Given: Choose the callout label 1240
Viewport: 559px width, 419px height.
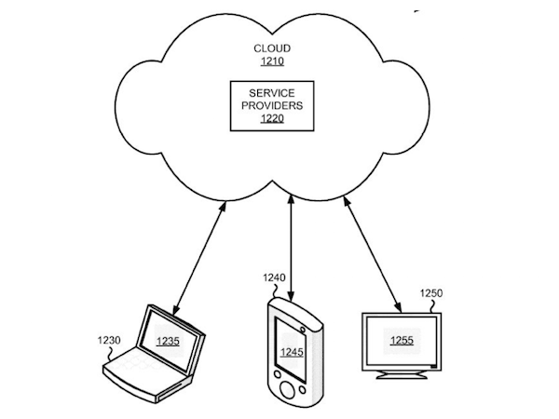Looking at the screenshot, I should [275, 277].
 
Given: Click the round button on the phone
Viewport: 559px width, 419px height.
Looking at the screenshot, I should [290, 389].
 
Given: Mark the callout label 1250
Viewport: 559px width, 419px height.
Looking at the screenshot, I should [431, 292].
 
